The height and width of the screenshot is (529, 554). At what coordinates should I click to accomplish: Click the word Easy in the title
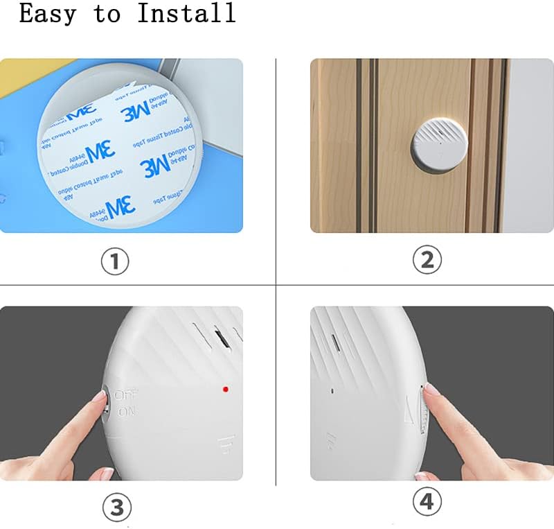(x=48, y=13)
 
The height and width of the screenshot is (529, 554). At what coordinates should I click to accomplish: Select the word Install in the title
(x=186, y=13)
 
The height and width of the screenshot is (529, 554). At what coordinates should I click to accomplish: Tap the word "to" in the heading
(x=107, y=13)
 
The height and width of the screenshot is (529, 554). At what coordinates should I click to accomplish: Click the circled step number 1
(x=116, y=261)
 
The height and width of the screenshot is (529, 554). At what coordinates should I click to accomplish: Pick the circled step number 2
(x=427, y=260)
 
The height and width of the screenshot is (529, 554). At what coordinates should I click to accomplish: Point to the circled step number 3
(x=116, y=508)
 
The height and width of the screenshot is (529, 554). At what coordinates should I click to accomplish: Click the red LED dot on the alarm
(x=226, y=388)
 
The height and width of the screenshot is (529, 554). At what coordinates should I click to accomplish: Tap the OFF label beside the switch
(x=126, y=394)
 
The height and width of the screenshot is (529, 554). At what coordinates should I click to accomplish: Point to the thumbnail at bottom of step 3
(x=108, y=474)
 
